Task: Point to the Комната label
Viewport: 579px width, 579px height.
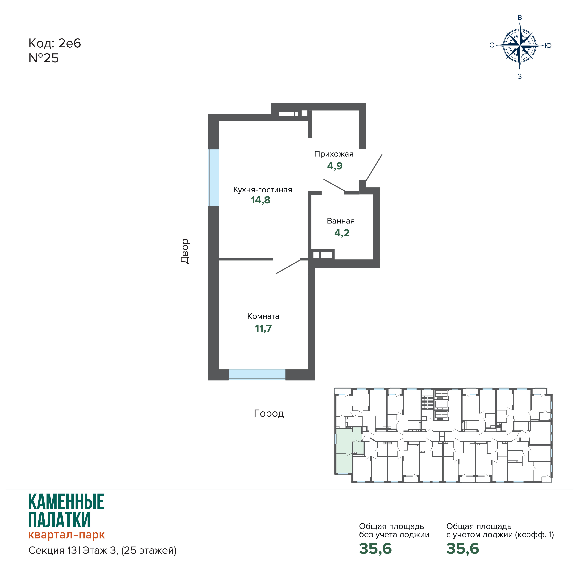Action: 263,316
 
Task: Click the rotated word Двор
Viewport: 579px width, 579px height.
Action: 185,251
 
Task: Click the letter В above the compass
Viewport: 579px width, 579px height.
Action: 520,18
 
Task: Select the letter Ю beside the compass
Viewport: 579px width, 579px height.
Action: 548,45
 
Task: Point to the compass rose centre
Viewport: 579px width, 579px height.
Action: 520,45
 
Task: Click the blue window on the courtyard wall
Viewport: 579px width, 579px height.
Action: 213,178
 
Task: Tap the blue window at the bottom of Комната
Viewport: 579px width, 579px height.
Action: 257,375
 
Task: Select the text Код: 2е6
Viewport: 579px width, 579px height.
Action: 54,43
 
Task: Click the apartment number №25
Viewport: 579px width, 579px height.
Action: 44,58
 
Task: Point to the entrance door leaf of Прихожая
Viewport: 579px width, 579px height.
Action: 374,168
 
